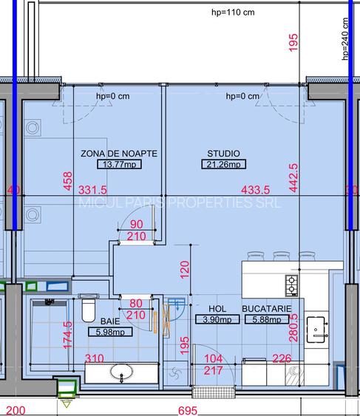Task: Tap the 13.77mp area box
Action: [x=120, y=164]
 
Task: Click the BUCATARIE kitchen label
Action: [x=266, y=309]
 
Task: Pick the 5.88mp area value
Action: [x=265, y=320]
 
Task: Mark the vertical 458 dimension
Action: [x=67, y=181]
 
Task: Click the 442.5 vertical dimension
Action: [x=293, y=178]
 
